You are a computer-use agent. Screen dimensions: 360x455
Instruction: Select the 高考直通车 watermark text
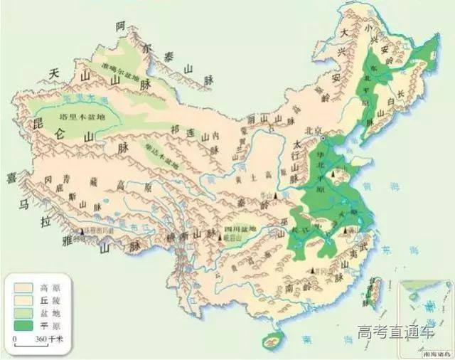pyautogui.click(x=395, y=333)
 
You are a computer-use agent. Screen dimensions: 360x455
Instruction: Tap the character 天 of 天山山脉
pyautogui.click(x=53, y=73)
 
